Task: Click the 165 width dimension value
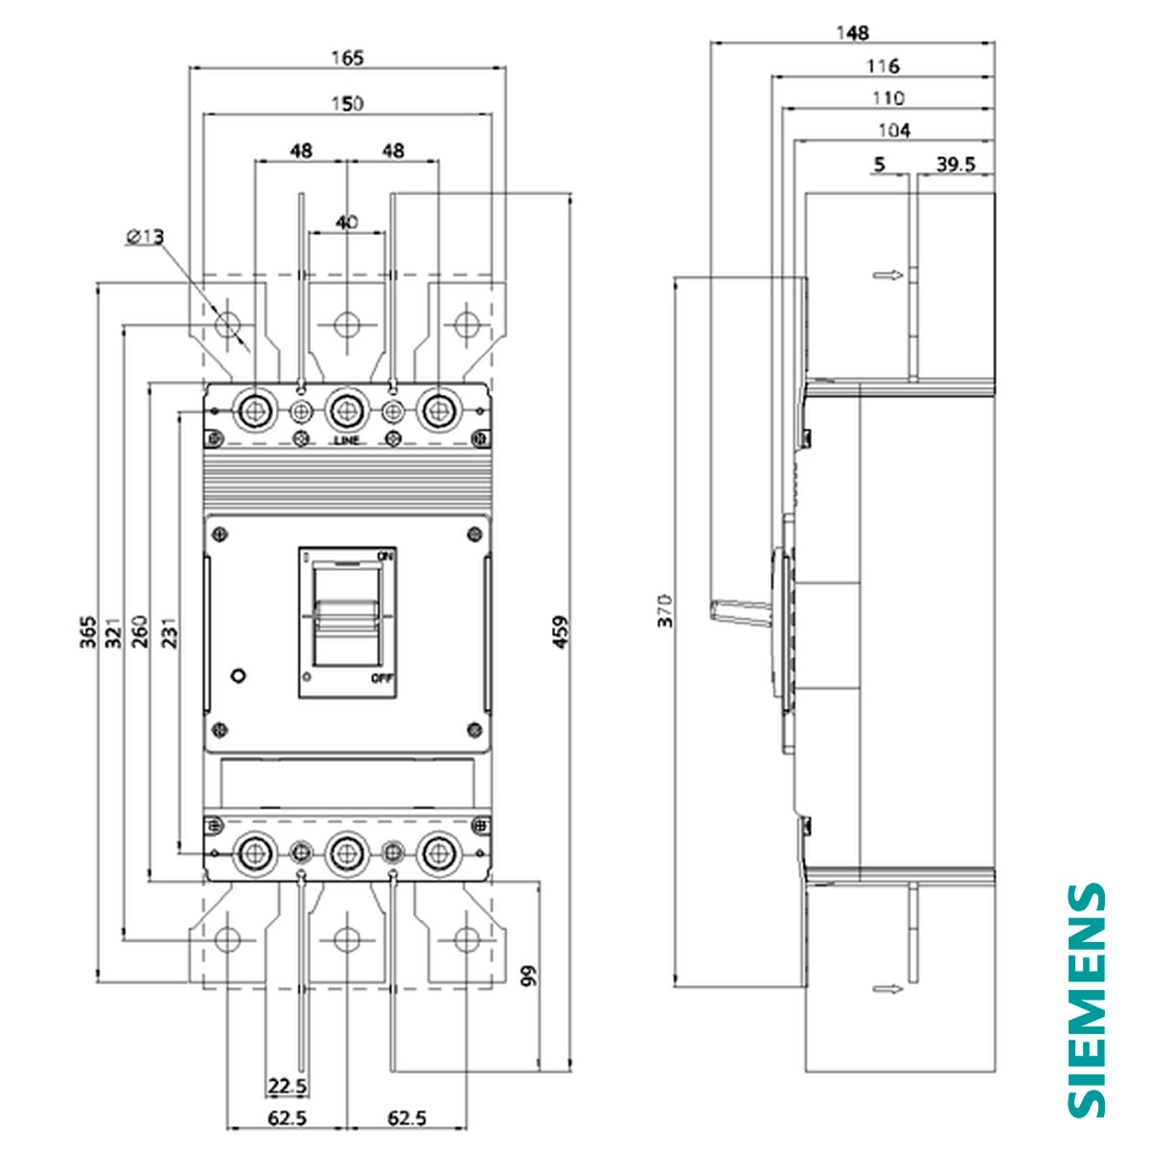(347, 57)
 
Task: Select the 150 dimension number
(347, 103)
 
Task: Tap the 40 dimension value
(347, 221)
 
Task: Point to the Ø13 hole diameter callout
(145, 236)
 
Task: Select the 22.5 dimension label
(287, 1086)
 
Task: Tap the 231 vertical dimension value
(169, 633)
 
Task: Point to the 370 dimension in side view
(665, 610)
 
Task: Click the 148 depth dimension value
(851, 34)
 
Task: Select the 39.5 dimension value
(955, 165)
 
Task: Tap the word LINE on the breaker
(347, 441)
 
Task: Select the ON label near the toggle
(385, 556)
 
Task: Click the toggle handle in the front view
(346, 613)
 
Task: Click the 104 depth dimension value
(893, 130)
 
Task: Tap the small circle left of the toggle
(239, 675)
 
